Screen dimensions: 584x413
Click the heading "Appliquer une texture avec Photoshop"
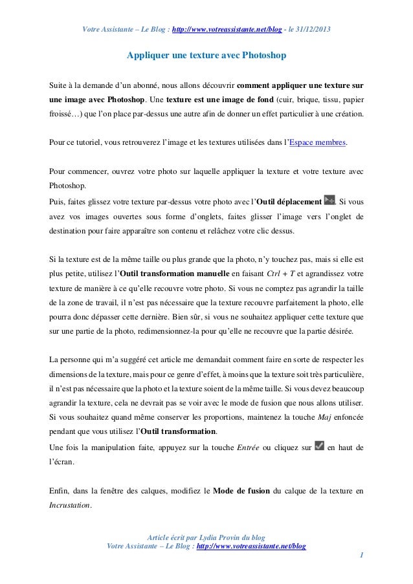206,56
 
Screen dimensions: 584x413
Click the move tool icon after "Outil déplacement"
329,200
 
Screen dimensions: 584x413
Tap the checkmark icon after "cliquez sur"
318,445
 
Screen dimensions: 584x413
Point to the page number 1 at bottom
362,554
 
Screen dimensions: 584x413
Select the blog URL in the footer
251,546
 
